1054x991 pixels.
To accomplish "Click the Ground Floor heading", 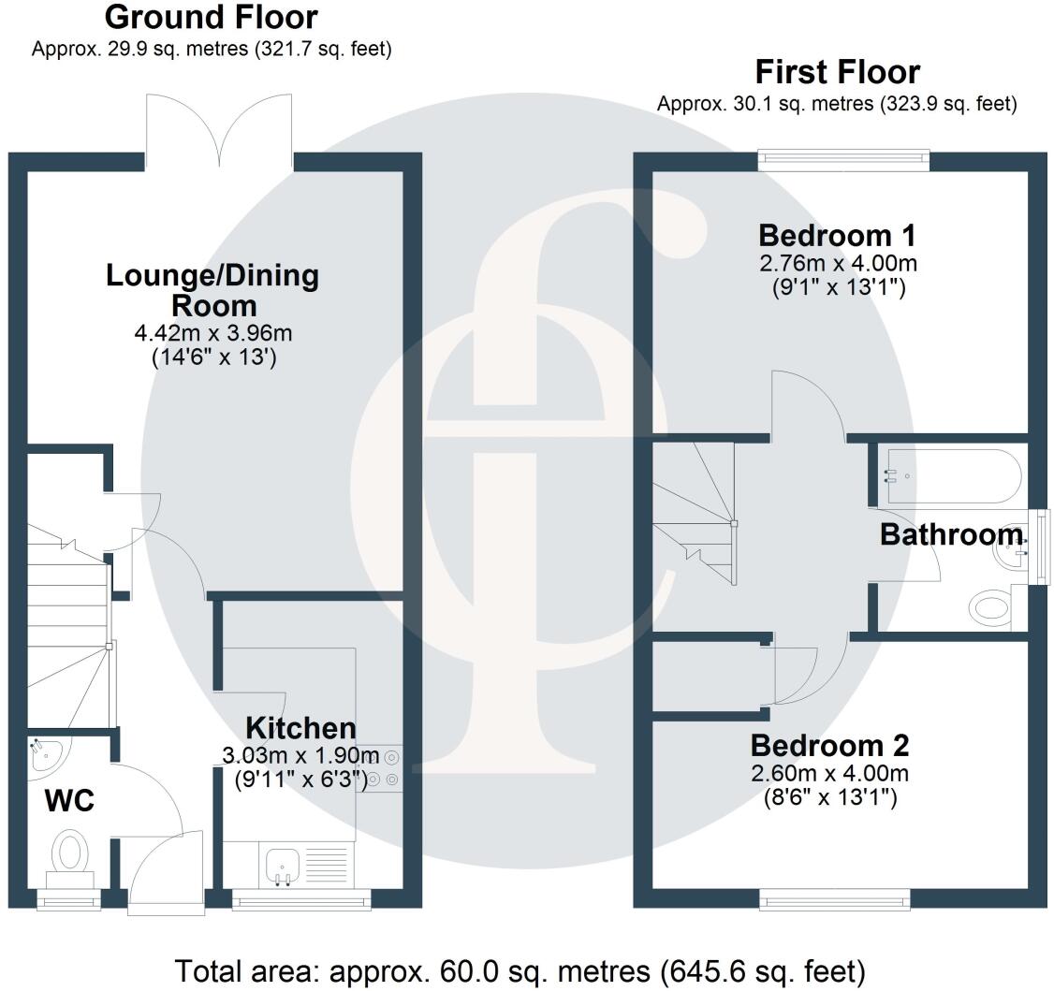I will coord(211,17).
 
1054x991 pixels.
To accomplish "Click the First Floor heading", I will coord(837,72).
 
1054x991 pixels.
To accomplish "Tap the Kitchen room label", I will coord(300,728).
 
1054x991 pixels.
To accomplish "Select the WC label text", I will coord(69,801).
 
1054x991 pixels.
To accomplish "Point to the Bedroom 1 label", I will coord(837,235).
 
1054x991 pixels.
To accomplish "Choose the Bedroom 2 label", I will coord(829,746).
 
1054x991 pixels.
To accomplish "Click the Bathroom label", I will coord(950,535).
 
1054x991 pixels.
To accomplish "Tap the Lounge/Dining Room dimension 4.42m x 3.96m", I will coord(213,333).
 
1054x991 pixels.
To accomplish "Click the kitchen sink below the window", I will coord(281,865).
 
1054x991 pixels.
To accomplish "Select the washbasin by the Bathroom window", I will coord(1011,552).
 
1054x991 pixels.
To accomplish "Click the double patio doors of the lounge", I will coord(219,131).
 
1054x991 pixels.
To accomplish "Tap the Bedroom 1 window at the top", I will coord(843,160).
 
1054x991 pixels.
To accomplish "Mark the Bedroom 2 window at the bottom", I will coord(834,900).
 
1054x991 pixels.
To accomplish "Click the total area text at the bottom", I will coord(520,970).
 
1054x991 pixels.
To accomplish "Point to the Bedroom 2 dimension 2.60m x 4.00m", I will coord(829,774).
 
